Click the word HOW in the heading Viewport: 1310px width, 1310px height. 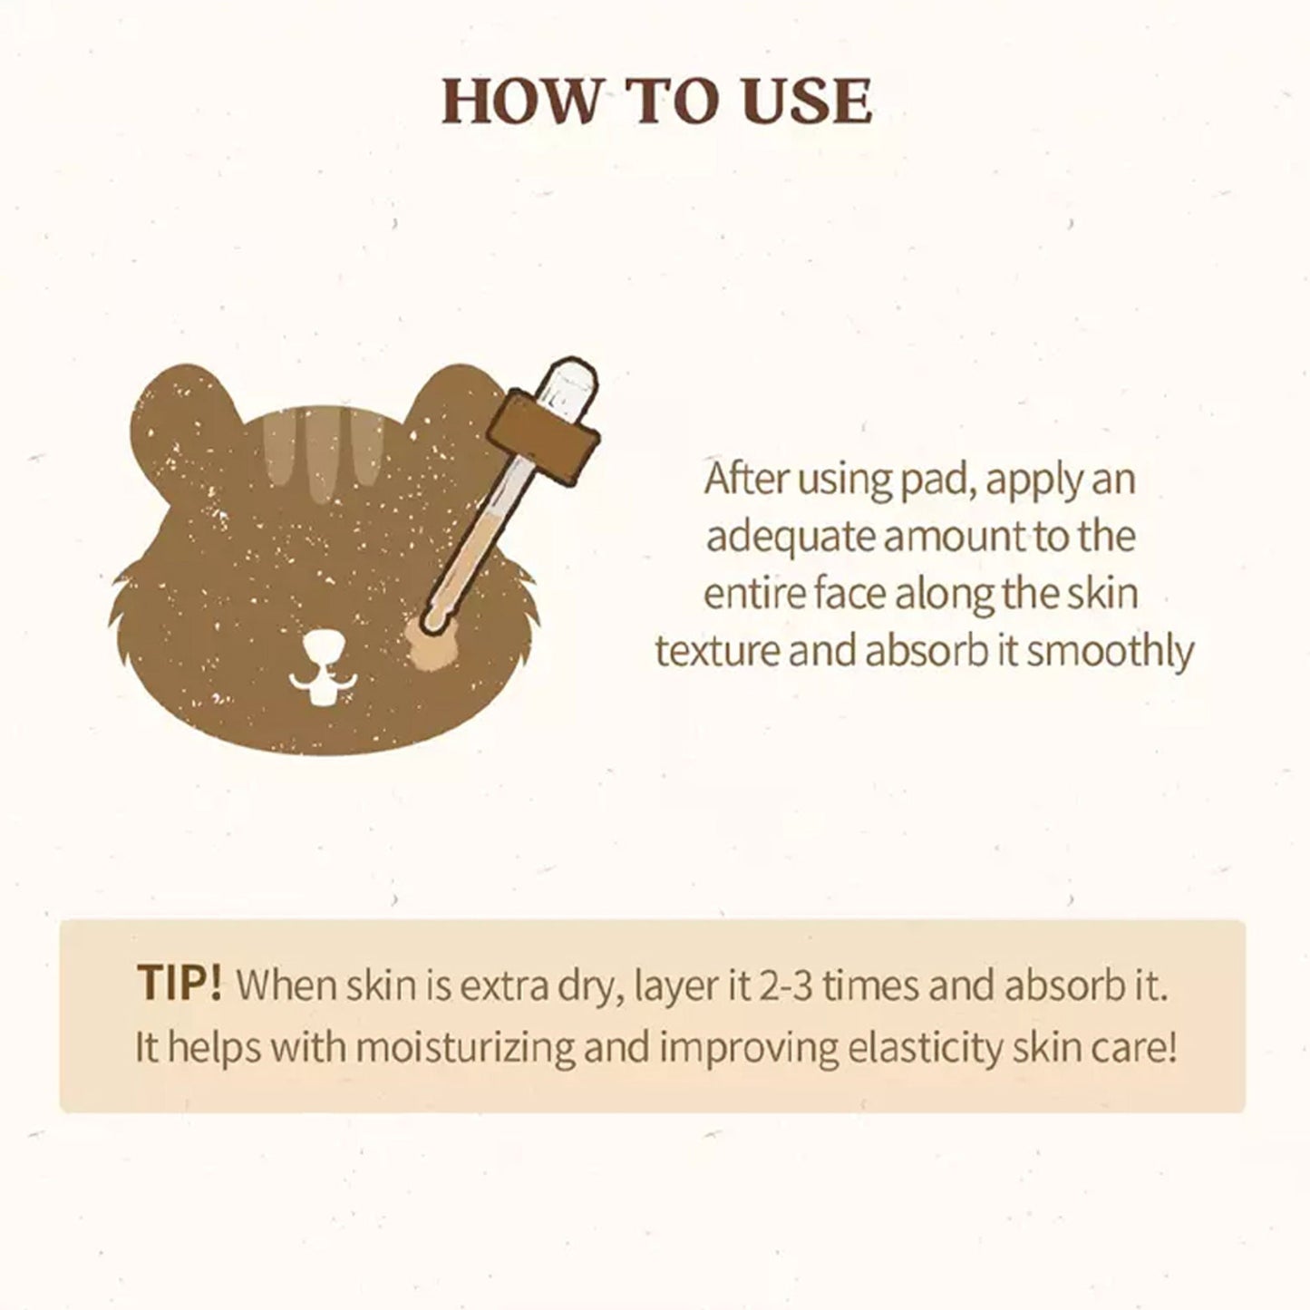518,101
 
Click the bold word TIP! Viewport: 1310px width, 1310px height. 180,983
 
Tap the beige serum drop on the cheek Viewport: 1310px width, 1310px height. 431,645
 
